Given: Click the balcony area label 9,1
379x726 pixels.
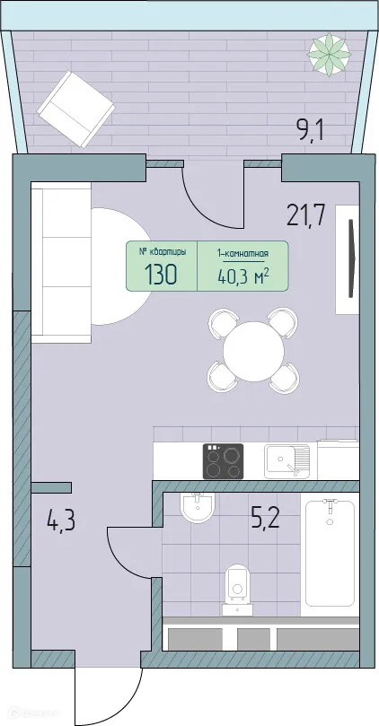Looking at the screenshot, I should [x=309, y=132].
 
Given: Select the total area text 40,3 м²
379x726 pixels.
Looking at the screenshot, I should [x=242, y=276].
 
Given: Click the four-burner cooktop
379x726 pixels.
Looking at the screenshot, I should [x=223, y=461].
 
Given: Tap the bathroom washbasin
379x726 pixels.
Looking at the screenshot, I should [x=196, y=509].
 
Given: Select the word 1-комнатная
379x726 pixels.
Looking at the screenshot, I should [x=242, y=254].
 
